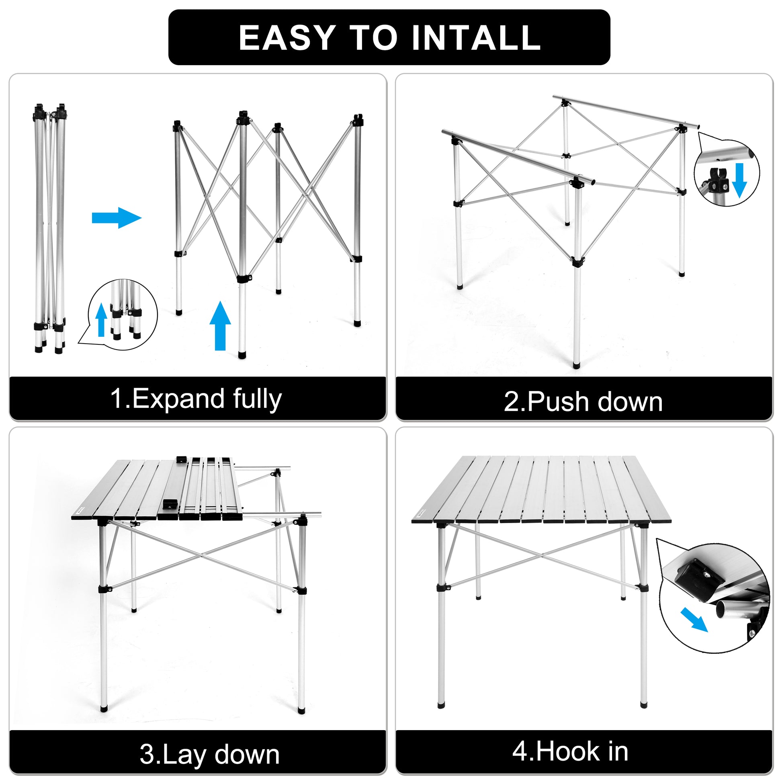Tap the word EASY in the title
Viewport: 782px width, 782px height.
(287, 38)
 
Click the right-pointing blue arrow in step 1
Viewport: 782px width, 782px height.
(117, 218)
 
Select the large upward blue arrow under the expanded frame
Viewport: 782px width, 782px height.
(220, 325)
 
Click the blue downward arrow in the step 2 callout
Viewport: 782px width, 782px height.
(739, 180)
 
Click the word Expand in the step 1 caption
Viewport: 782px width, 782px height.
(178, 399)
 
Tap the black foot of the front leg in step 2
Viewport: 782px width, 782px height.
(576, 365)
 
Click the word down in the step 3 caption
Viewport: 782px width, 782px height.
(247, 755)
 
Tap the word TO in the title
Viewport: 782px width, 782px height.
(373, 38)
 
